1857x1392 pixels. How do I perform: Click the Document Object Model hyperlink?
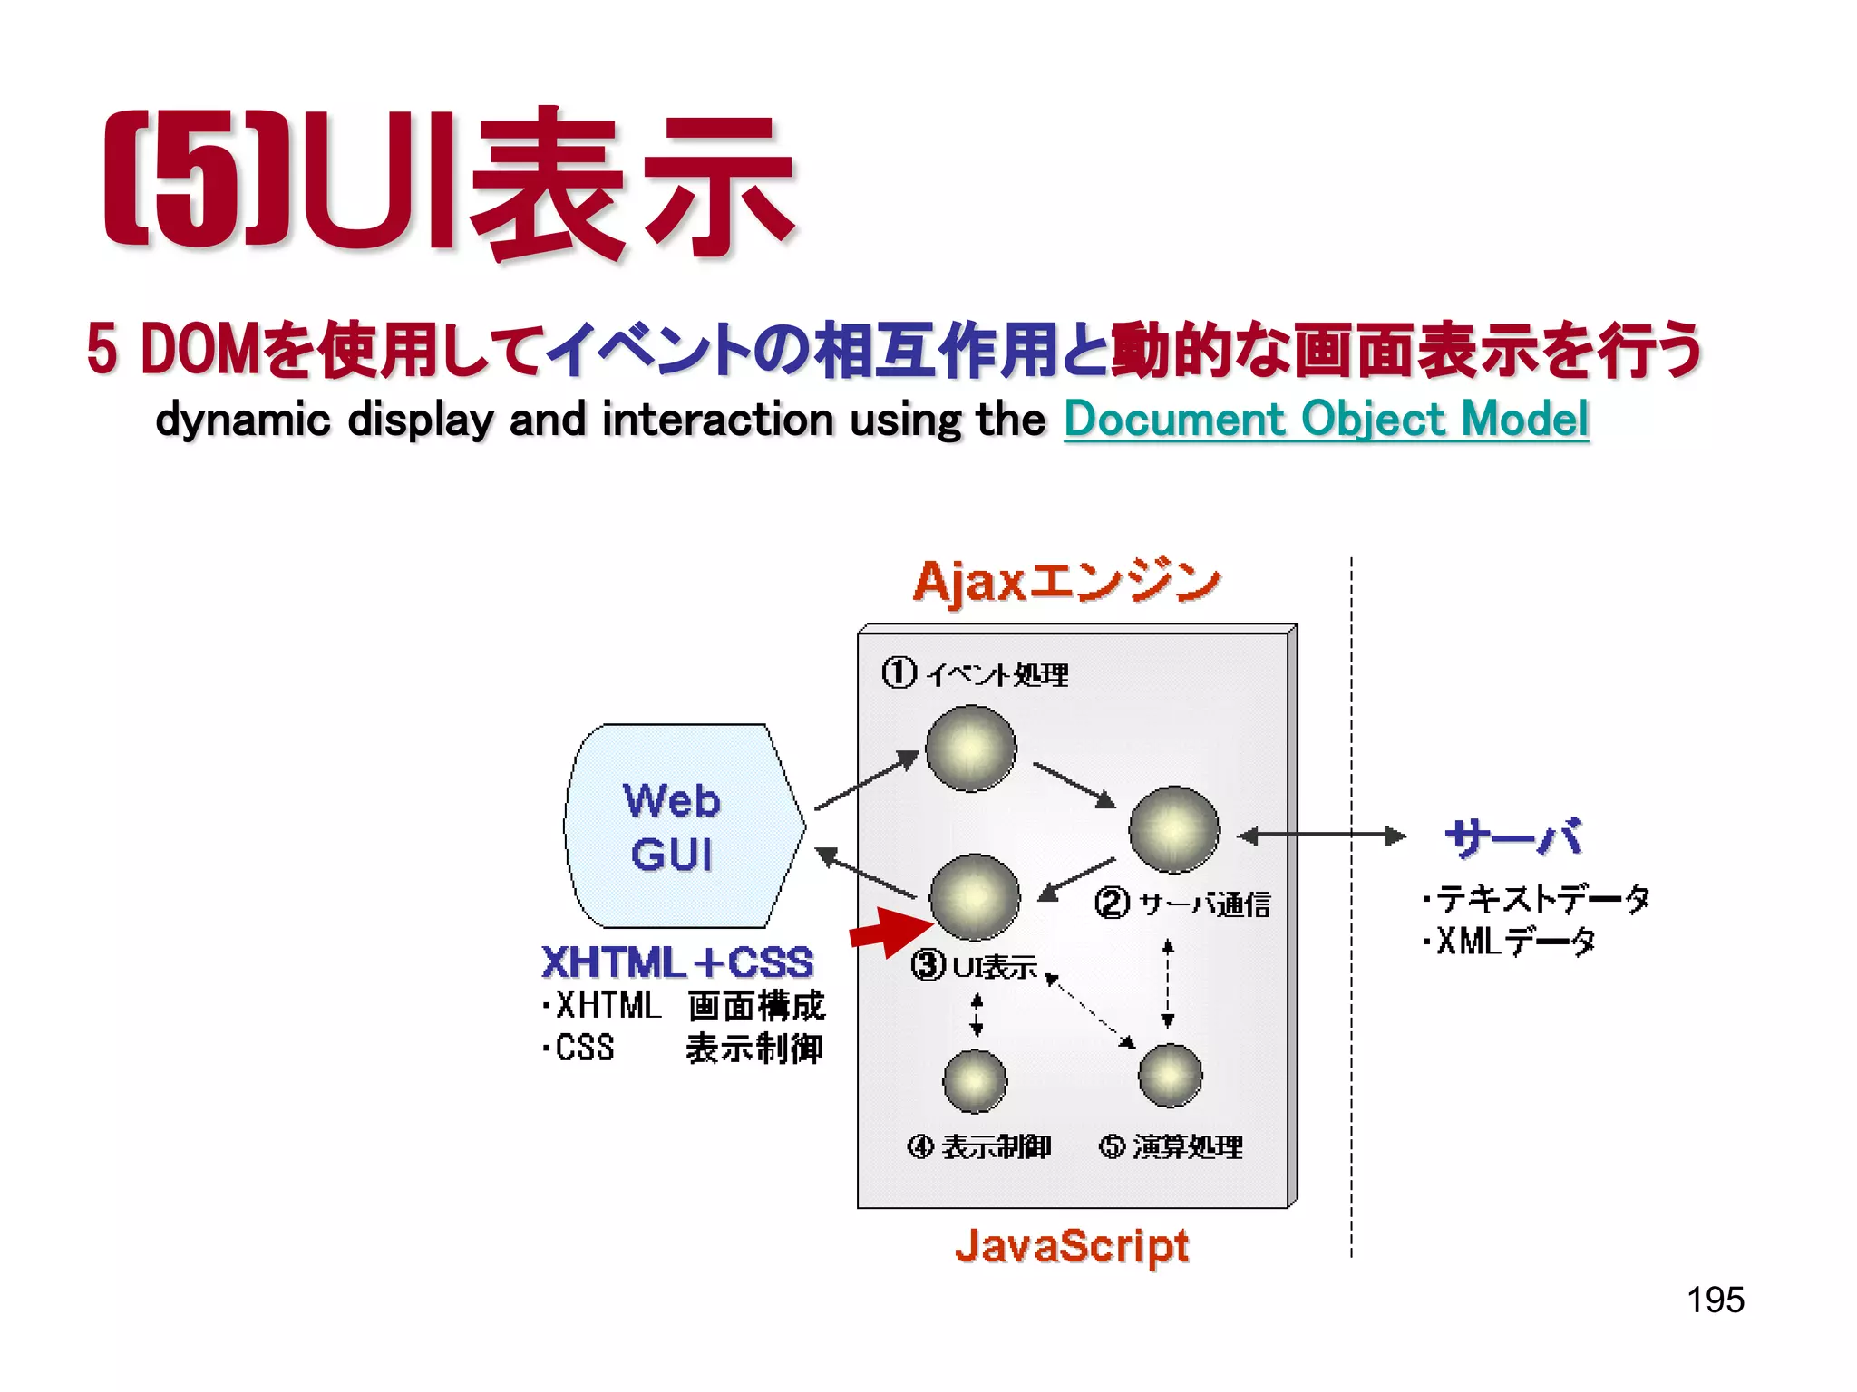click(1326, 420)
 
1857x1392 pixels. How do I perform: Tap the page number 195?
click(1715, 1300)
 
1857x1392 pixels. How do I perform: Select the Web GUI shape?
click(682, 826)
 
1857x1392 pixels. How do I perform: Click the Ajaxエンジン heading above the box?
click(1066, 581)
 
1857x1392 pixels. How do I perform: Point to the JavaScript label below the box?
click(1071, 1246)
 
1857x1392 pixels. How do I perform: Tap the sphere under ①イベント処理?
click(971, 749)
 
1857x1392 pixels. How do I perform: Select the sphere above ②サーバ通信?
click(1174, 829)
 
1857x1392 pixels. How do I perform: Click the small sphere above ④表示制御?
click(975, 1080)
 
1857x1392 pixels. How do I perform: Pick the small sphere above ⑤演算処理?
click(1170, 1076)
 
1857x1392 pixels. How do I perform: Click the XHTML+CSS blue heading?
click(677, 962)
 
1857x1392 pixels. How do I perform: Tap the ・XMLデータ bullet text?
click(1509, 942)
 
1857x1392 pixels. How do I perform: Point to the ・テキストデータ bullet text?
click(1536, 898)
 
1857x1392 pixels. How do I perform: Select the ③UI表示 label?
click(974, 966)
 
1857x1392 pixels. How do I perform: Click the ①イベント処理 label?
click(976, 674)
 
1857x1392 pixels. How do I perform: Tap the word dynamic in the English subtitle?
click(242, 420)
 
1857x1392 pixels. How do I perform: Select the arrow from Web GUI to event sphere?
click(866, 780)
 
